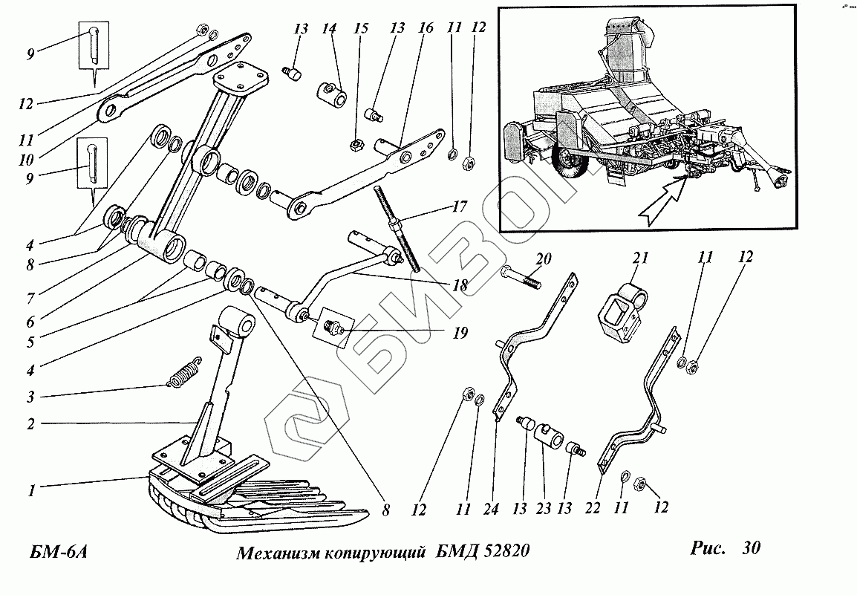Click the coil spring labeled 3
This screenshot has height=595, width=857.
click(x=185, y=372)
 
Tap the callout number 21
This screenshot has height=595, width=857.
click(x=639, y=258)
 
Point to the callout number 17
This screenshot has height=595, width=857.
click(x=460, y=207)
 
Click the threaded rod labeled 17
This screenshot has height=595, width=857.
click(x=397, y=228)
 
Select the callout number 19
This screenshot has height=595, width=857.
click(x=460, y=333)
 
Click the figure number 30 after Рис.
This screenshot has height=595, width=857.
click(x=751, y=547)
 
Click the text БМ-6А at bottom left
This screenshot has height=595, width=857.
click(x=59, y=552)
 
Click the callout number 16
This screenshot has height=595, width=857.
click(x=426, y=27)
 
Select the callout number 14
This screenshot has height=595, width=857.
click(x=329, y=28)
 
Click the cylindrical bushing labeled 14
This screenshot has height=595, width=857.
click(x=331, y=91)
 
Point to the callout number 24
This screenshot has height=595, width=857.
click(x=491, y=509)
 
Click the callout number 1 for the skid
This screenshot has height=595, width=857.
click(x=32, y=490)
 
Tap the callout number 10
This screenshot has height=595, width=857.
click(x=26, y=160)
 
